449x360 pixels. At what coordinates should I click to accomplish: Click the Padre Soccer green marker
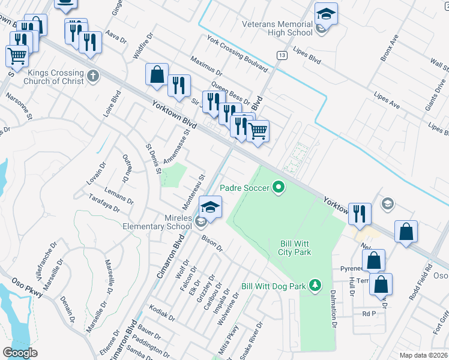pos(277,188)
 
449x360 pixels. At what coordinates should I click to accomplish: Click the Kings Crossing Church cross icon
pos(92,76)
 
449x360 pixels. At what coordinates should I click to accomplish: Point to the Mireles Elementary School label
pos(160,222)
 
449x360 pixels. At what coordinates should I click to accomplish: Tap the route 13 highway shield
pos(281,55)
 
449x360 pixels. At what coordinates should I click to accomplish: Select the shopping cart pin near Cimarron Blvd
pos(258,131)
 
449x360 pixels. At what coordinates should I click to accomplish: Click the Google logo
pos(20,353)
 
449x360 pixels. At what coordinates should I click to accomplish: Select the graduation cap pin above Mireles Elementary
pos(210,207)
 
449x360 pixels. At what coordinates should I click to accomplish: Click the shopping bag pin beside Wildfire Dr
pos(157,75)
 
